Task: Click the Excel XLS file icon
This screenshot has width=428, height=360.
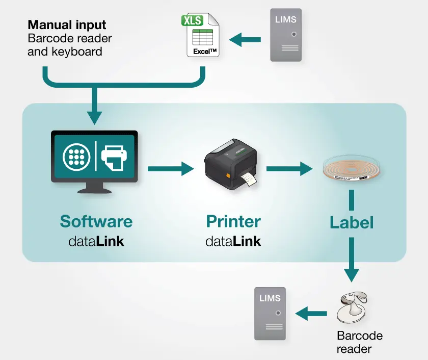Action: pyautogui.click(x=200, y=35)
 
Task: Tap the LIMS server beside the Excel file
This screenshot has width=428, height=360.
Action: pyautogui.click(x=285, y=35)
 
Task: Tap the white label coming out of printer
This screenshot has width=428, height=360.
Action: pyautogui.click(x=249, y=181)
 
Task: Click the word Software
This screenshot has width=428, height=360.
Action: pyautogui.click(x=96, y=221)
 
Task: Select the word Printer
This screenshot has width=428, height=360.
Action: pyautogui.click(x=233, y=221)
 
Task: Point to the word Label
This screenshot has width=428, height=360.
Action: pyautogui.click(x=352, y=223)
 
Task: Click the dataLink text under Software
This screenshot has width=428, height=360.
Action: pyautogui.click(x=96, y=241)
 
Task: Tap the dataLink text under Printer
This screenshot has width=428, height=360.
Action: pyautogui.click(x=233, y=241)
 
